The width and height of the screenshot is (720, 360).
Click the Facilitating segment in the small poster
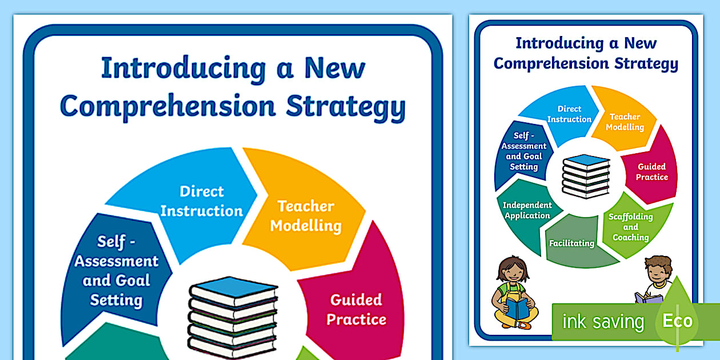point(571,242)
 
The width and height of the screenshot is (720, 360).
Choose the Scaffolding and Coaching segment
point(631,227)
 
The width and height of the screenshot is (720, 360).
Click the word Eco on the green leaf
point(677,321)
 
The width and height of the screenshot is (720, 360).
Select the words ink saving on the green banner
point(603,322)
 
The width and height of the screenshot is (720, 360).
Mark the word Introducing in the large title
point(183,69)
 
